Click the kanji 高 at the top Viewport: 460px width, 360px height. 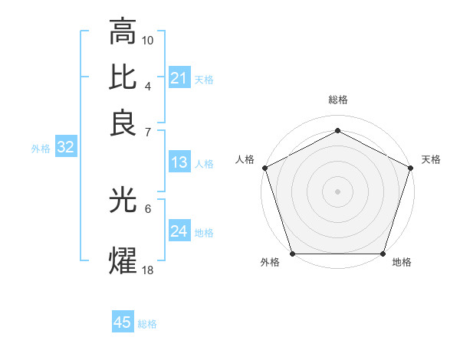click(123, 33)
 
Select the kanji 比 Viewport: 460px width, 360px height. click(123, 77)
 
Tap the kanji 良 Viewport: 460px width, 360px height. click(123, 123)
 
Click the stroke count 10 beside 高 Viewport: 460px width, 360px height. click(148, 39)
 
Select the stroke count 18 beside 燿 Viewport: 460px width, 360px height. click(148, 270)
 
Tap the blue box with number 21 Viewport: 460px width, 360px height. click(179, 77)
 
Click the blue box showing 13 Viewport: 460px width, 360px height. click(179, 162)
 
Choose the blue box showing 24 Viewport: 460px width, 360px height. click(179, 231)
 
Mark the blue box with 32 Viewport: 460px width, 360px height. click(66, 148)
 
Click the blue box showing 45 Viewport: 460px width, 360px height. click(123, 322)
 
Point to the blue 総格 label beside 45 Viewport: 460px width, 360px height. click(147, 324)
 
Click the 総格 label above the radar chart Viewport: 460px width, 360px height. click(337, 100)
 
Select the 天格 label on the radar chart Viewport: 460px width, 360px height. click(431, 159)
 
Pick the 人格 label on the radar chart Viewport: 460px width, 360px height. click(245, 159)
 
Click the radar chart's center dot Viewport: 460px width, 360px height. click(337, 191)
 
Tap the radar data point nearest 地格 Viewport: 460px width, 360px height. click(383, 254)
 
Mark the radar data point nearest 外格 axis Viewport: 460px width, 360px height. click(292, 254)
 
